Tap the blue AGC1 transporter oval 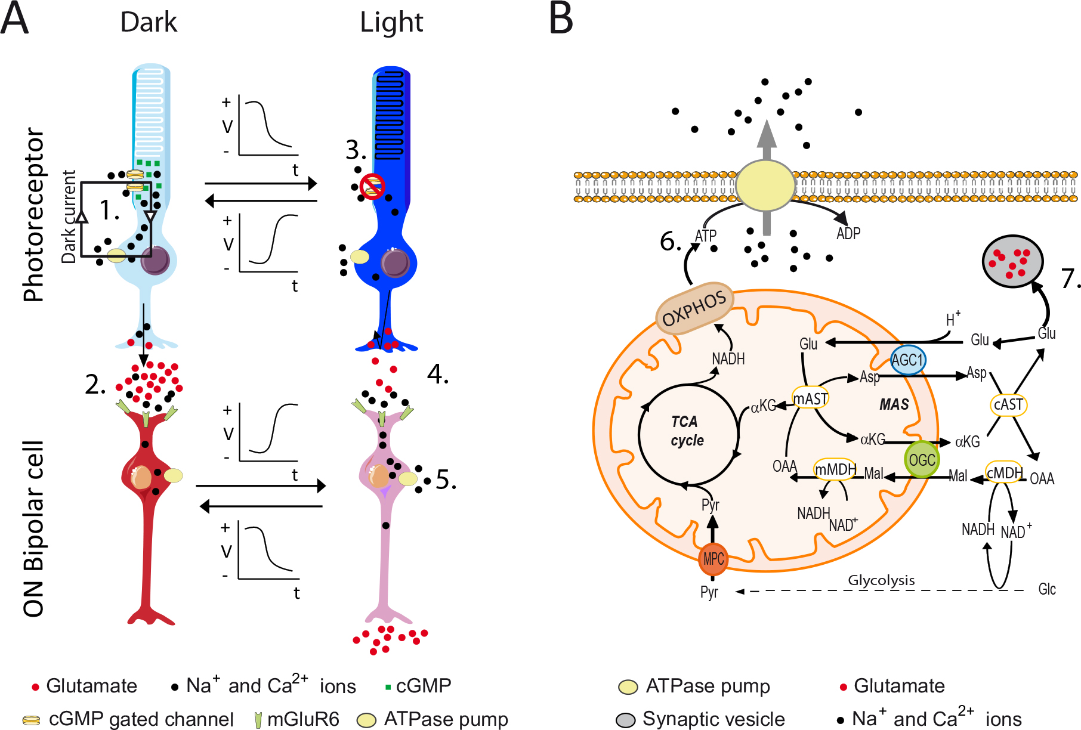pyautogui.click(x=907, y=360)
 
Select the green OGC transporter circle pyautogui.click(x=922, y=460)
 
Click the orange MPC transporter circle pyautogui.click(x=713, y=559)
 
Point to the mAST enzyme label pyautogui.click(x=810, y=398)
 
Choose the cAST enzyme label pyautogui.click(x=1008, y=405)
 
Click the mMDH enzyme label pyautogui.click(x=835, y=469)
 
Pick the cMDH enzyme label pyautogui.click(x=1005, y=473)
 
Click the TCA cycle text pyautogui.click(x=687, y=431)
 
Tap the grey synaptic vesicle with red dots pyautogui.click(x=1012, y=261)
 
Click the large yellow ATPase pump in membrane pyautogui.click(x=765, y=185)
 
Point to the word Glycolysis pyautogui.click(x=881, y=580)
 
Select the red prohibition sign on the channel pyautogui.click(x=373, y=185)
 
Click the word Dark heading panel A pyautogui.click(x=149, y=23)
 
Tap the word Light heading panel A pyautogui.click(x=391, y=23)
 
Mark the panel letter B pyautogui.click(x=561, y=19)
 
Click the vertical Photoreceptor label pyautogui.click(x=33, y=215)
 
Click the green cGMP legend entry pyautogui.click(x=418, y=686)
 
